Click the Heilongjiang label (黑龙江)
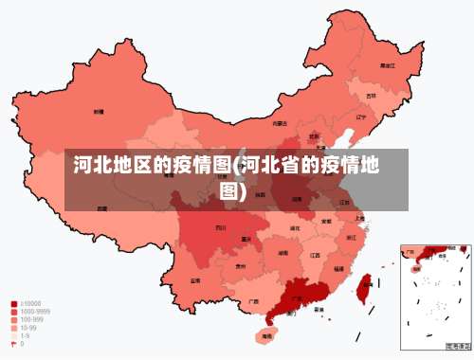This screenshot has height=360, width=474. [387, 66]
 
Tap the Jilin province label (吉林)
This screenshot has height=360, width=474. [373, 96]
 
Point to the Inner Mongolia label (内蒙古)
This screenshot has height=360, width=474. [280, 123]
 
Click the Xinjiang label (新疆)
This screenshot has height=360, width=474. [98, 112]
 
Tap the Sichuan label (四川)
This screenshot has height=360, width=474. [220, 227]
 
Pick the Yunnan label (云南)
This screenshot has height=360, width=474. [194, 280]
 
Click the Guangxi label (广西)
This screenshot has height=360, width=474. [253, 302]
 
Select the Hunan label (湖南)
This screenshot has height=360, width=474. [283, 253]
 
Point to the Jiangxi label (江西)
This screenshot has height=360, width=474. [314, 255]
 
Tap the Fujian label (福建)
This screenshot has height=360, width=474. [338, 268]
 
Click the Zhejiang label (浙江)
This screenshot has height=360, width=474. [352, 237]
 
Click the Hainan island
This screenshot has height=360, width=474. [266, 334]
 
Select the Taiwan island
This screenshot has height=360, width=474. [362, 283]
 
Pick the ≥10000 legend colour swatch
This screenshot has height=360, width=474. [13, 305]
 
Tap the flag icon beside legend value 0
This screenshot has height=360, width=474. [13, 344]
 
